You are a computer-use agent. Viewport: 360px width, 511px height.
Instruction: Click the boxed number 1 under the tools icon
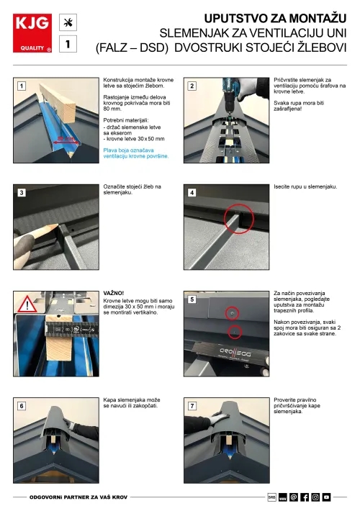[x=68, y=44]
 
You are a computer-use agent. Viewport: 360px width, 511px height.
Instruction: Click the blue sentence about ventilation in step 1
[x=135, y=153]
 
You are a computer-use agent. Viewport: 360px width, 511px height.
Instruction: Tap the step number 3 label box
[x=22, y=192]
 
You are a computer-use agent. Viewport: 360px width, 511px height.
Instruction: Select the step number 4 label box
[x=192, y=192]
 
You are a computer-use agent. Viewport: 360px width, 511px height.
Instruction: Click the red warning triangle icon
[x=29, y=304]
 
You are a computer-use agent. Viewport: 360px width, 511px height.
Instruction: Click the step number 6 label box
[x=22, y=406]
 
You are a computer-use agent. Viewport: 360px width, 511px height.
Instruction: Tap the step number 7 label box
[x=192, y=406]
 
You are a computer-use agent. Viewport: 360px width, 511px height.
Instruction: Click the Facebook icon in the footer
[x=305, y=497]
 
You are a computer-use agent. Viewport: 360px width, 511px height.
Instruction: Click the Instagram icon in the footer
[x=315, y=497]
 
